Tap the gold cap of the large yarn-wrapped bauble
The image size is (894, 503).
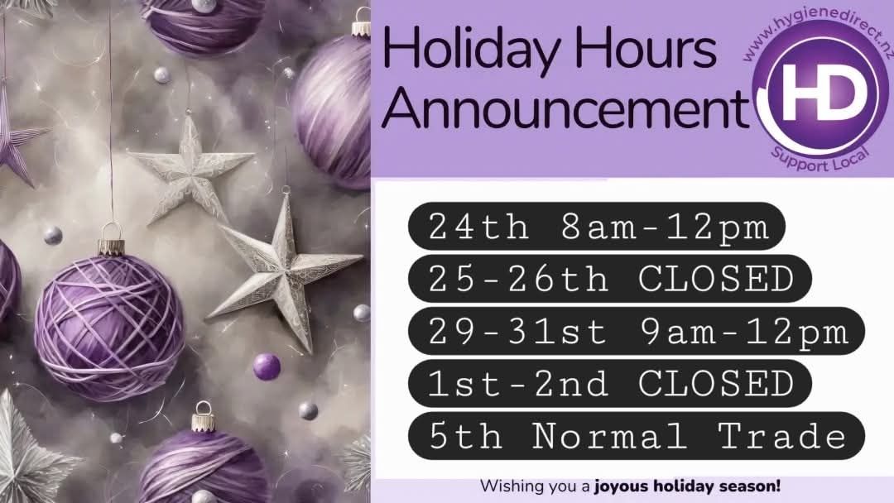pyautogui.click(x=111, y=246)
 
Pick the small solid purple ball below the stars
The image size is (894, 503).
pyautogui.click(x=267, y=366)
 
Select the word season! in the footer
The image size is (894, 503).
pyautogui.click(x=752, y=486)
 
